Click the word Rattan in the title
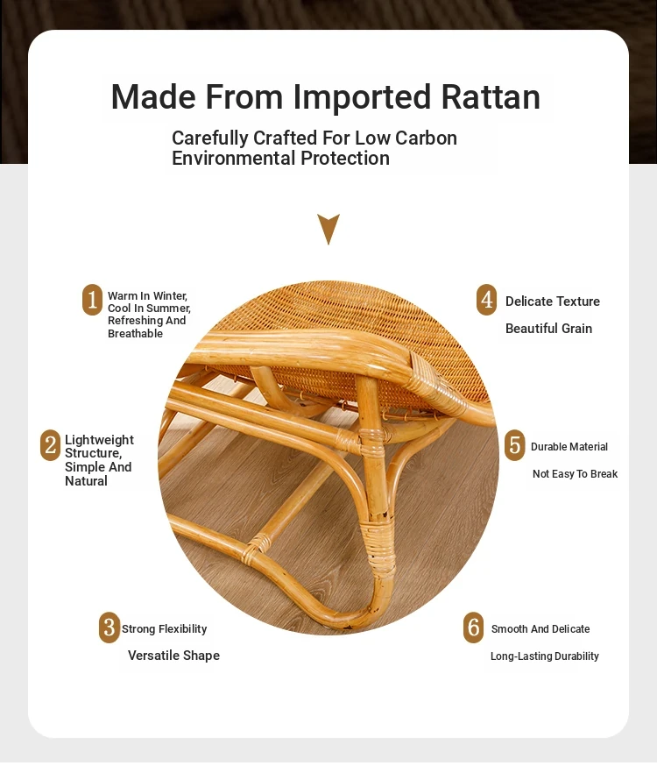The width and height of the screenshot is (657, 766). [x=491, y=96]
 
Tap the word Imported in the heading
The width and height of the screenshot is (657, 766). [x=362, y=97]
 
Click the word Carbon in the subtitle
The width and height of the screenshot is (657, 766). [x=426, y=138]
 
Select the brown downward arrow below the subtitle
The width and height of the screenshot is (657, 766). [x=328, y=229]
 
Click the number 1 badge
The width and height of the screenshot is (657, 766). [x=92, y=300]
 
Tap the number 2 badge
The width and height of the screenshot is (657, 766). [x=50, y=445]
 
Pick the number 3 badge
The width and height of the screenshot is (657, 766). [x=109, y=628]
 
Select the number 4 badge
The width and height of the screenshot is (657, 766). [x=487, y=300]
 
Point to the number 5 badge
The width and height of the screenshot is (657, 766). [x=514, y=445]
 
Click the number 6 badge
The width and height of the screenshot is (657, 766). [x=473, y=628]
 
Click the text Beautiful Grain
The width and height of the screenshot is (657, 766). [x=548, y=329]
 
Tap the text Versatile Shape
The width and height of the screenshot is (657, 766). [x=173, y=655]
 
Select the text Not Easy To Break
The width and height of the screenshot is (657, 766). [x=575, y=474]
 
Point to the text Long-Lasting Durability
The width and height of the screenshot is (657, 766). [x=545, y=656]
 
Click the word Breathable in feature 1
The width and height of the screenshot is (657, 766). [x=135, y=334]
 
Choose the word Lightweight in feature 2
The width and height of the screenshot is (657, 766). [x=99, y=440]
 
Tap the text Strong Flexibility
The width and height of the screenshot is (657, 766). [x=164, y=628]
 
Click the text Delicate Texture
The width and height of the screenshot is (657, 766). [x=553, y=301]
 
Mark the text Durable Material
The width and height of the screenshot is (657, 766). [x=569, y=446]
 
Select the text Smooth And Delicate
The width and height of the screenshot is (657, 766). [x=540, y=628]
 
